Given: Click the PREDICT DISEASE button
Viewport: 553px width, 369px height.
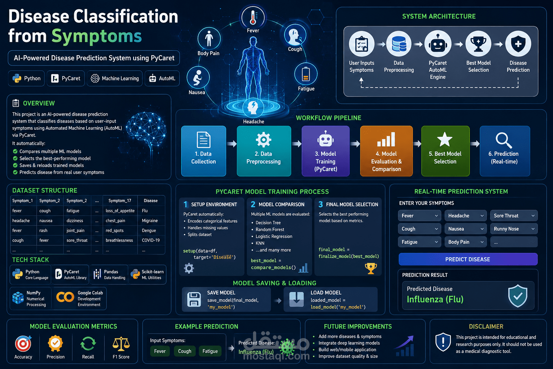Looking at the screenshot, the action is pos(468,259).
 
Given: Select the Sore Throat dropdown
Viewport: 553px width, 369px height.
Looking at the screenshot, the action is pos(514,216).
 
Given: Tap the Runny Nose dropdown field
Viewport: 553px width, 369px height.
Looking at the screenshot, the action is pos(514,229).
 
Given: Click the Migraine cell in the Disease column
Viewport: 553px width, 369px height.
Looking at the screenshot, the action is pos(150,221).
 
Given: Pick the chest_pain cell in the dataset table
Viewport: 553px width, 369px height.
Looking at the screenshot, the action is pos(115,221).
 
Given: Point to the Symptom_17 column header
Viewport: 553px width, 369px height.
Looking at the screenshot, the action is pos(120,201).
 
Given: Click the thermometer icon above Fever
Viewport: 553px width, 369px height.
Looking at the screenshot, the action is pos(253,17).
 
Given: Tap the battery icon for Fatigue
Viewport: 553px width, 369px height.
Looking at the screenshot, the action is pos(306,74).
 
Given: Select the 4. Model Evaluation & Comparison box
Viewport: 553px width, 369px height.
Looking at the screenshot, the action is pos(386,151).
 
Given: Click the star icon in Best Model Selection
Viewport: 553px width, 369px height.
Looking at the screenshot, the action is pos(445,139).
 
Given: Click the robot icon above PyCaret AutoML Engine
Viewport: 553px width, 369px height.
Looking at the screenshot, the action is pos(438,44).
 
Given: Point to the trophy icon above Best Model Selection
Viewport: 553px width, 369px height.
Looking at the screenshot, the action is pos(478,44).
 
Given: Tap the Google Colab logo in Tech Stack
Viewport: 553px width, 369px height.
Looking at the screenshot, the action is pos(65,297).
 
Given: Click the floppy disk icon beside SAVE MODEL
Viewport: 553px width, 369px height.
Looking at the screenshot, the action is pos(194,299).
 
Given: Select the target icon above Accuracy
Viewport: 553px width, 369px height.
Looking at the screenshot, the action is pos(23,343).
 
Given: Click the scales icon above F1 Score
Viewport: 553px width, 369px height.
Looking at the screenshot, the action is pos(121,344).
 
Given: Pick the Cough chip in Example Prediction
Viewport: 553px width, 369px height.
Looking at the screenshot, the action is pos(185,351).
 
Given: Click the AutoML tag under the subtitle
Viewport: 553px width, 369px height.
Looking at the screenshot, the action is pos(162,78).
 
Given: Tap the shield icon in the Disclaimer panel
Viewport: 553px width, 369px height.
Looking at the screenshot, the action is pos(443,342).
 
